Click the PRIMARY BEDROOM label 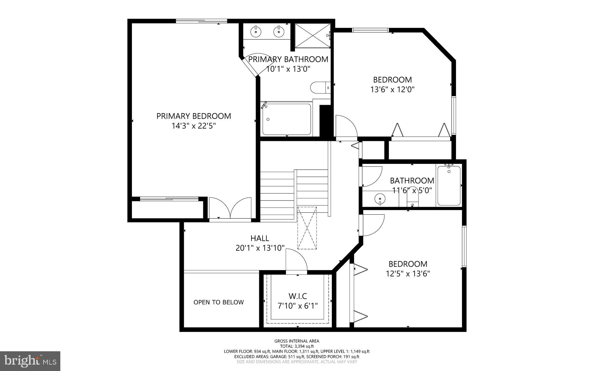(x=194, y=116)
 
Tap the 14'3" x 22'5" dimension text (x=194, y=126)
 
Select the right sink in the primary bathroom (x=279, y=31)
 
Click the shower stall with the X (x=313, y=35)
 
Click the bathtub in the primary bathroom (x=287, y=119)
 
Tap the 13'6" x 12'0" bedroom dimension (x=392, y=89)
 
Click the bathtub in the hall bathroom (x=449, y=186)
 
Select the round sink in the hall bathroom (x=380, y=199)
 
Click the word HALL (x=260, y=238)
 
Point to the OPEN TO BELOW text (x=218, y=302)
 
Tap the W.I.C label (x=298, y=296)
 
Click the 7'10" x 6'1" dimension (x=298, y=306)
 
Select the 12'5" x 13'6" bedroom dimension (x=408, y=274)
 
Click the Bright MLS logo (x=30, y=361)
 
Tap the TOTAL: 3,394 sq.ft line (x=297, y=346)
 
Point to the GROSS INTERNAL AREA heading (x=297, y=341)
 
